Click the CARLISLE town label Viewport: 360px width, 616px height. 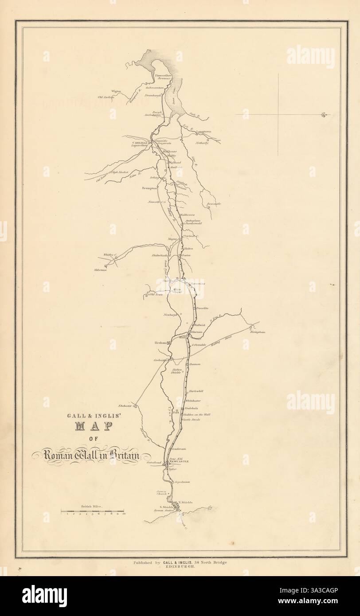(141, 143)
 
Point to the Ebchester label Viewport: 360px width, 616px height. (125, 405)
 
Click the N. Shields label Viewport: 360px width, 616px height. (187, 502)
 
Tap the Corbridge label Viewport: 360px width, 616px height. (160, 360)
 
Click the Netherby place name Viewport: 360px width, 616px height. (203, 144)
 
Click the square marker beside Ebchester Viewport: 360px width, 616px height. (136, 405)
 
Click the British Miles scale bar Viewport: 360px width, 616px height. (94, 512)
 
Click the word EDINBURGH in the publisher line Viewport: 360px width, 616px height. (180, 568)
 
